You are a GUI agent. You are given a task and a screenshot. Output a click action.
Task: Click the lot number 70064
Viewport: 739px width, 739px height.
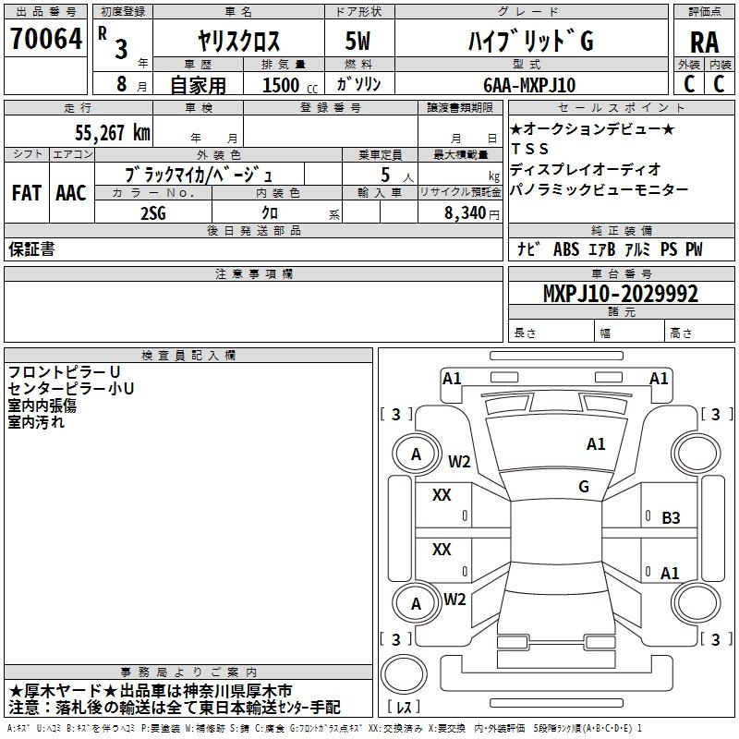click(45, 39)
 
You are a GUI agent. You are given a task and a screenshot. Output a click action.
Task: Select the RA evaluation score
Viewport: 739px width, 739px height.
click(705, 42)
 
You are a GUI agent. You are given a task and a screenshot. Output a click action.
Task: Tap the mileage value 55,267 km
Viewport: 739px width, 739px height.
click(113, 133)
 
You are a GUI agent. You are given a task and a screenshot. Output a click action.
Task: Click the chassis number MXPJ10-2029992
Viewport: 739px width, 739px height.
click(621, 294)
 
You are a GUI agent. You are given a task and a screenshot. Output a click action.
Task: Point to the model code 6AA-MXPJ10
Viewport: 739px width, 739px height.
click(529, 85)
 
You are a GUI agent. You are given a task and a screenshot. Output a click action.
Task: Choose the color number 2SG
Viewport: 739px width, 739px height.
click(153, 213)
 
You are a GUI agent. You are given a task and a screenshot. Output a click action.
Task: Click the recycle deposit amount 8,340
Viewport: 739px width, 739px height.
click(466, 212)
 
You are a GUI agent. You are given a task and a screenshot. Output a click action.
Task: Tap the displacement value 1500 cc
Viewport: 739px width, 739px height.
click(290, 85)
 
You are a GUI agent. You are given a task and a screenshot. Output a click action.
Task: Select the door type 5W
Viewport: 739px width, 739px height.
click(357, 41)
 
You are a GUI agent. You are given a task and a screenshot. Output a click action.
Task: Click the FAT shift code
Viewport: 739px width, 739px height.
click(27, 193)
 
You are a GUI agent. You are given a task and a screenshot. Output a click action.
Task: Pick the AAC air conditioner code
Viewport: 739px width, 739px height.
click(71, 193)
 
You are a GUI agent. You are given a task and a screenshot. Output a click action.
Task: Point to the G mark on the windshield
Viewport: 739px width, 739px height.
click(584, 486)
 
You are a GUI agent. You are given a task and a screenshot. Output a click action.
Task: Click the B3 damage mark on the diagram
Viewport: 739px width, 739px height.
click(671, 518)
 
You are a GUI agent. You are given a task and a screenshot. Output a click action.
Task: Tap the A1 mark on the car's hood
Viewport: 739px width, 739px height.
click(596, 443)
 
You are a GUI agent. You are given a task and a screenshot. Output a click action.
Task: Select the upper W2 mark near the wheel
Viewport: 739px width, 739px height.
click(459, 461)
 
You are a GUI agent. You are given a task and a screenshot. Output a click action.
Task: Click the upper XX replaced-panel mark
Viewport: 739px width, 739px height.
click(442, 495)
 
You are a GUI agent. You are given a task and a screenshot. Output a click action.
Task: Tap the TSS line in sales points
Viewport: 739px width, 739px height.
click(529, 149)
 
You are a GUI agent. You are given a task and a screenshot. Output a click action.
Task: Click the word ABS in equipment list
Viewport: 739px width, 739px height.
click(566, 249)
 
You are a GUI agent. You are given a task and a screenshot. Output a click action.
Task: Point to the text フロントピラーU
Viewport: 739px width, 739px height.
click(64, 372)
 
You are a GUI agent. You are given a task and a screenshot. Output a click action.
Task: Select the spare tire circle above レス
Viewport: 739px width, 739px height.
click(404, 674)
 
